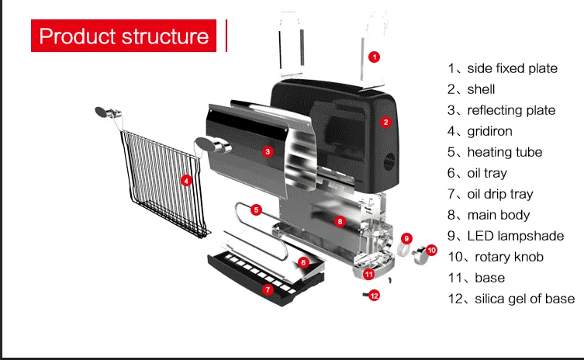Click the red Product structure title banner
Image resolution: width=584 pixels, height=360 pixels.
(124, 36)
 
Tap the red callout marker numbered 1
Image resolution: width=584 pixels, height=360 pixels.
(374, 57)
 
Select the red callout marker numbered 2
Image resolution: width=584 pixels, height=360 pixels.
(385, 122)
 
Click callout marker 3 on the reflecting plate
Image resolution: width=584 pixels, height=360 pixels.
(268, 151)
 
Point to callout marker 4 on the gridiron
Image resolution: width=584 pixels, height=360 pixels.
(186, 180)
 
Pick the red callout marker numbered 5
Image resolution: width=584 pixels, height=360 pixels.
(257, 209)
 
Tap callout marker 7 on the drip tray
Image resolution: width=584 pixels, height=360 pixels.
(268, 289)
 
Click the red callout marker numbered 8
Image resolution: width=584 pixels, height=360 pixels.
(340, 221)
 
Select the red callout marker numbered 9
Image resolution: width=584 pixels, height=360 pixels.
(407, 237)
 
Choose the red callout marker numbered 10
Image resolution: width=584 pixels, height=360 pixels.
(432, 250)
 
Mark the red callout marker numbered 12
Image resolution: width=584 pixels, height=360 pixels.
(375, 296)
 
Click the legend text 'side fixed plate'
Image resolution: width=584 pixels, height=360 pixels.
(512, 68)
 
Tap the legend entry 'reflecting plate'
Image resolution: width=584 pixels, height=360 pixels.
(511, 110)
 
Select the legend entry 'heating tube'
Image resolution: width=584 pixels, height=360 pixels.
(504, 152)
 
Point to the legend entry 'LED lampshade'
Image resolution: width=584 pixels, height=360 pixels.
(515, 236)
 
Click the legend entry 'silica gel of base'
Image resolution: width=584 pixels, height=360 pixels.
(524, 299)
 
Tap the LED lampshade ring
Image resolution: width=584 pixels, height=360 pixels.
(403, 250)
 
